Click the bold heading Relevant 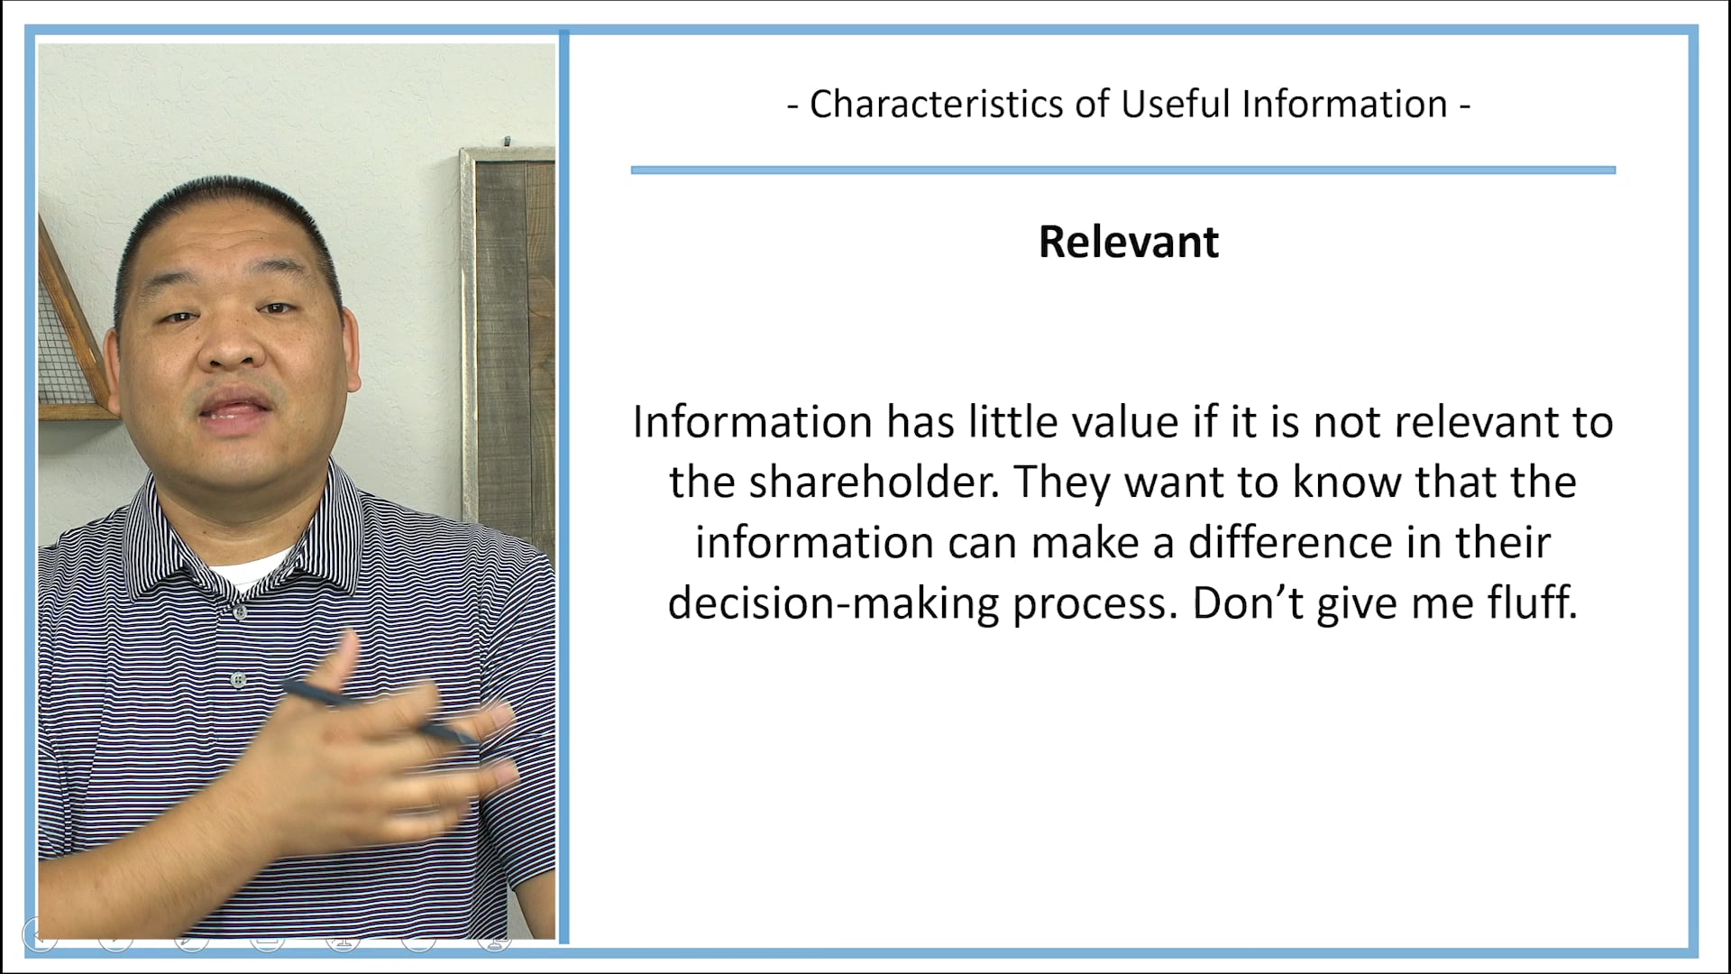(x=1128, y=242)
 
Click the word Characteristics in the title (x=936, y=105)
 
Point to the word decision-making (x=833, y=603)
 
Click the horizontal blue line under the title (x=1122, y=170)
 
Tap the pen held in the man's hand (x=379, y=712)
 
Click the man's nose (x=230, y=347)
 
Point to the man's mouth (x=236, y=410)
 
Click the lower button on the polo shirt (x=238, y=679)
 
